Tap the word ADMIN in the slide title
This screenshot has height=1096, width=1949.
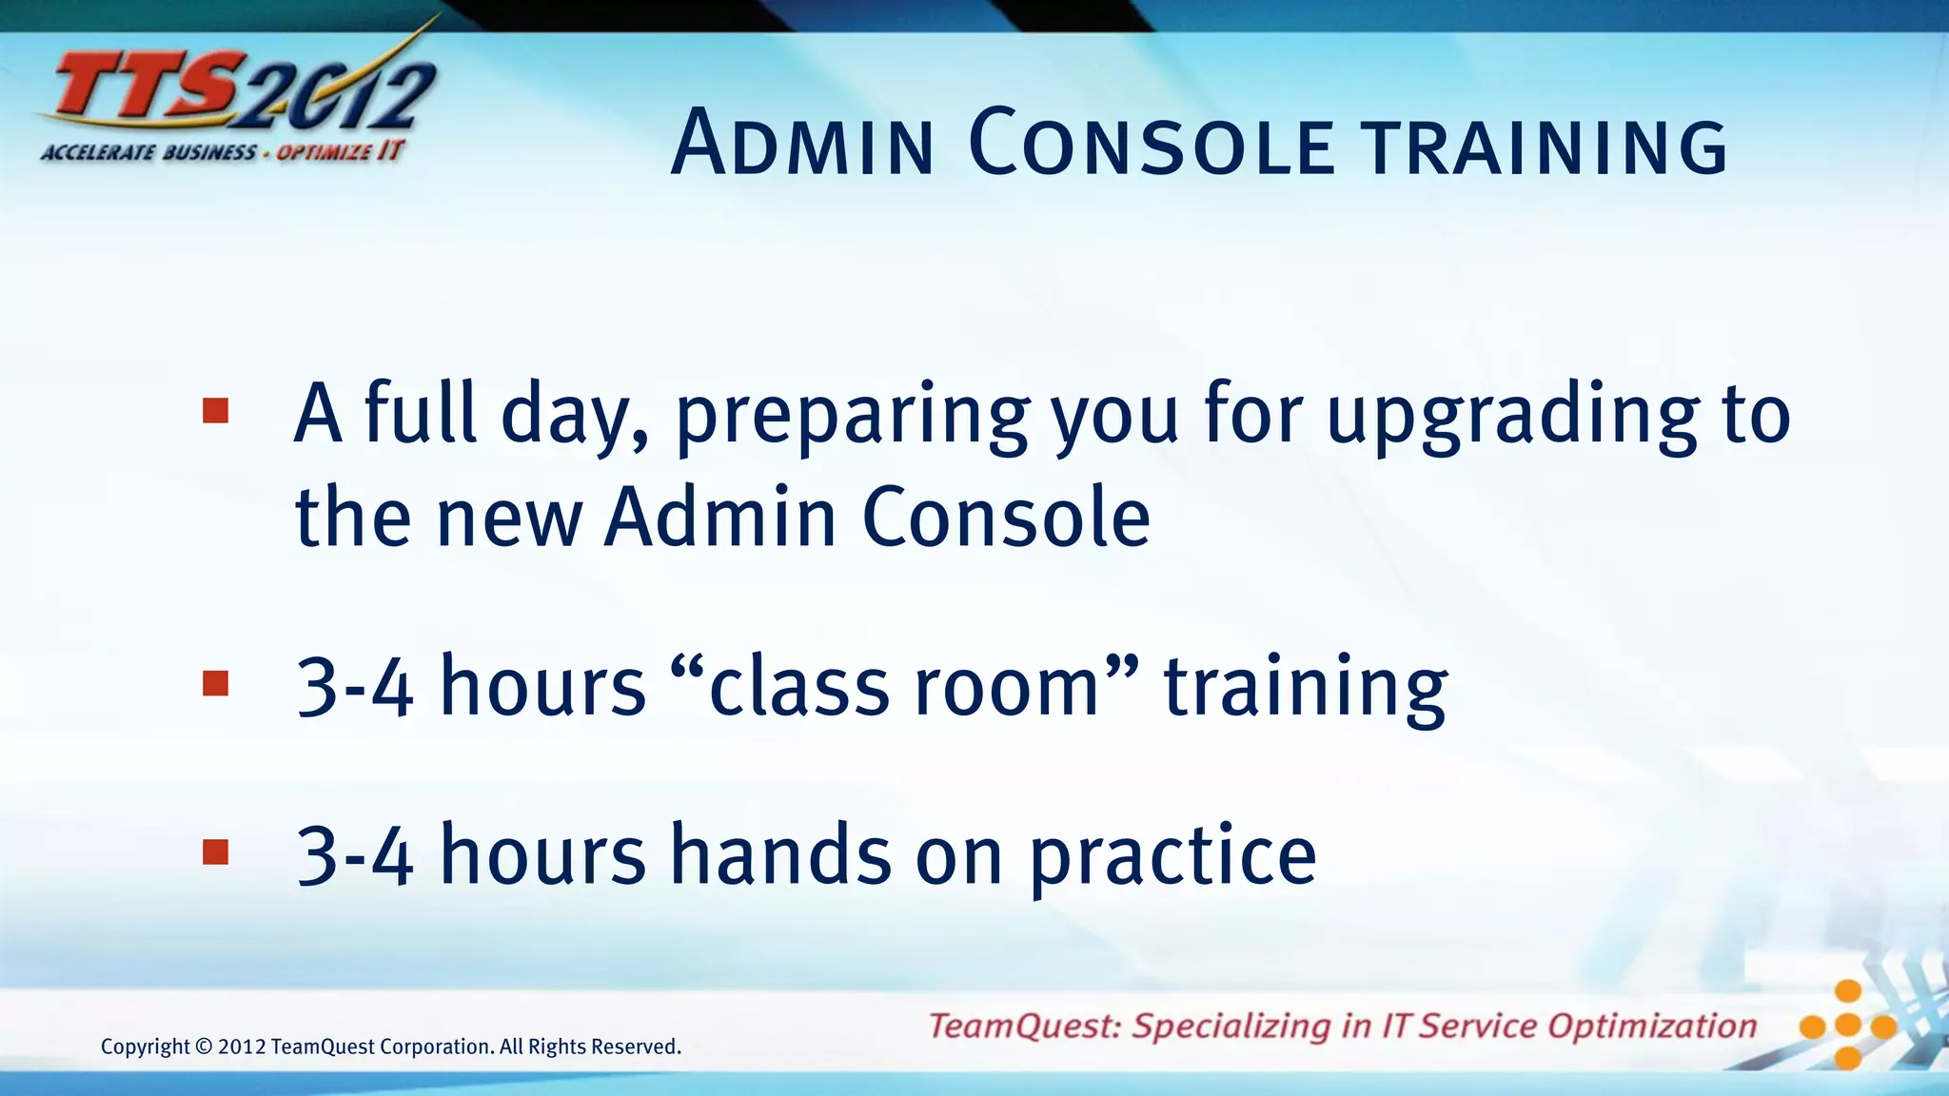[x=802, y=145]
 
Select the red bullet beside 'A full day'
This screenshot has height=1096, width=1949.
[x=216, y=411]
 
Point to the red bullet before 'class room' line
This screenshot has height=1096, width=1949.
[x=216, y=684]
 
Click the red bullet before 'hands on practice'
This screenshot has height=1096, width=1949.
[x=216, y=852]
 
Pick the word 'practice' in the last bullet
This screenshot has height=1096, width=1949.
[x=1172, y=856]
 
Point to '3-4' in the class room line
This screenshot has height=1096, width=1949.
[x=355, y=687]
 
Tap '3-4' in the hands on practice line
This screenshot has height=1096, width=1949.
[x=355, y=856]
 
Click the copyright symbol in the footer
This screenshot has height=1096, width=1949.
[x=204, y=1047]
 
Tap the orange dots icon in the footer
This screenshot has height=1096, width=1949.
[x=1847, y=1026]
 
